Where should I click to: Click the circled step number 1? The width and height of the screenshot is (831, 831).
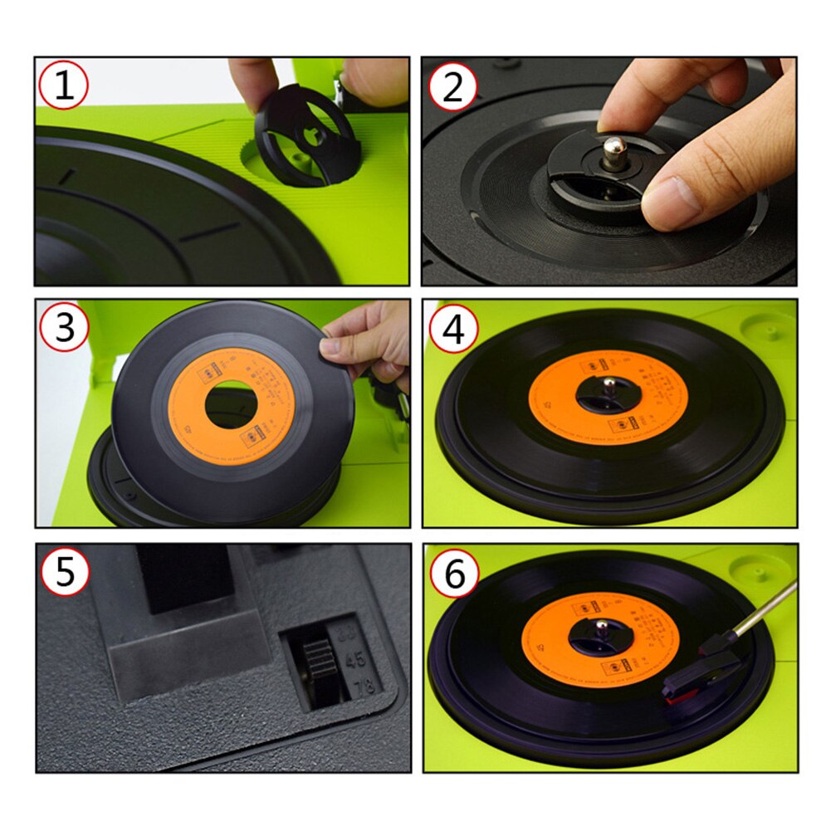[65, 85]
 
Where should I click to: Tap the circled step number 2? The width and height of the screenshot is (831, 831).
[452, 86]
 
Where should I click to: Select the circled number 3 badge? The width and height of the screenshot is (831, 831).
[65, 328]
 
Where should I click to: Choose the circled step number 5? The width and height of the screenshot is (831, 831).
[65, 572]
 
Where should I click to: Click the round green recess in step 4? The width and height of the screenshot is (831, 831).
[765, 325]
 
